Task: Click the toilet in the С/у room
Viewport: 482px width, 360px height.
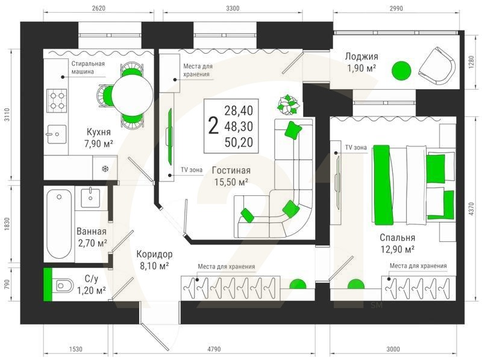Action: [x=64, y=286]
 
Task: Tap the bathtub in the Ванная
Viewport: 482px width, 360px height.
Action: [x=59, y=224]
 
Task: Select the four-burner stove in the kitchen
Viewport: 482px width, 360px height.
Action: [x=57, y=101]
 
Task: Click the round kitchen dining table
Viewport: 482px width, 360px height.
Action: [x=132, y=96]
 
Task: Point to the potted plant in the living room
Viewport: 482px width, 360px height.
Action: [x=289, y=105]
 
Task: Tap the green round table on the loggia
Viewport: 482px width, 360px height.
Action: [x=401, y=71]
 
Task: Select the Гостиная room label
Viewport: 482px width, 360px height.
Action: [x=231, y=170]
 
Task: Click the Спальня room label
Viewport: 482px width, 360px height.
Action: [x=398, y=238]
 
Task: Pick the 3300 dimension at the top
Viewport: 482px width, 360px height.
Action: [x=233, y=8]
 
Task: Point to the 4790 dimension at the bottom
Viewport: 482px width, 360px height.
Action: [x=214, y=349]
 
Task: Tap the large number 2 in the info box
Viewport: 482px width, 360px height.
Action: [x=213, y=126]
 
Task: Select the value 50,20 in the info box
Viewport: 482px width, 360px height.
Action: [x=239, y=142]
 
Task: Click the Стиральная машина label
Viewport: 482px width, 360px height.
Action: [x=88, y=68]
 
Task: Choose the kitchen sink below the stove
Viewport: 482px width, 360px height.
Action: [x=56, y=134]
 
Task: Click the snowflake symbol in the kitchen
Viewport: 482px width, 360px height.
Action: [x=105, y=169]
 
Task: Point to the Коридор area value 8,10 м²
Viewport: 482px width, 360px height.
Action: [x=154, y=265]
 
